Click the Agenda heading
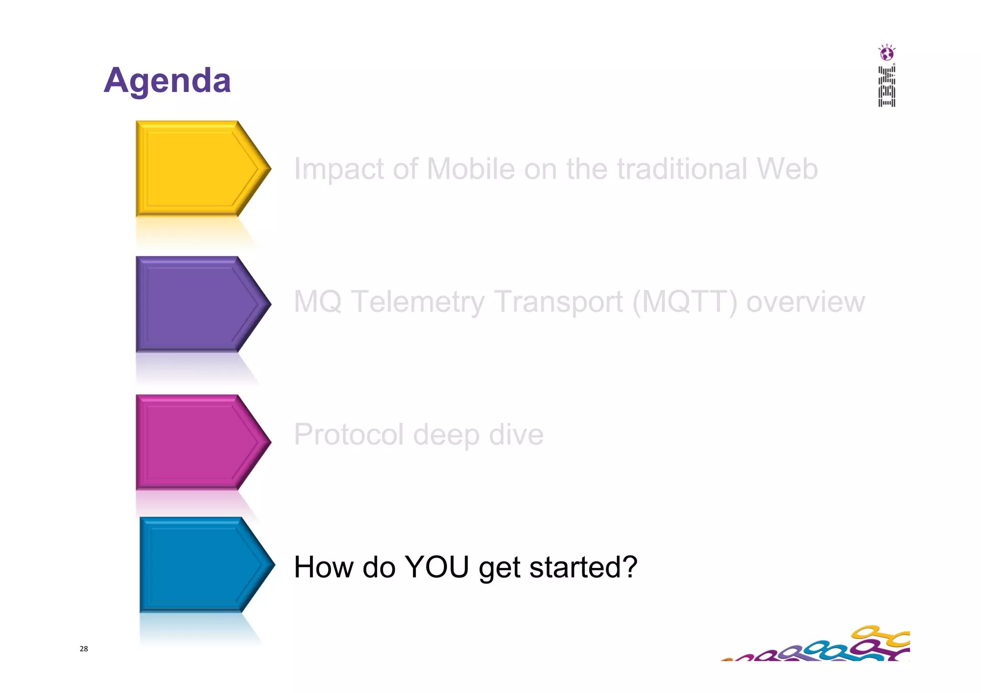coord(167,80)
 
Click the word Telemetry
coord(418,302)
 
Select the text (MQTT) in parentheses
coord(685,302)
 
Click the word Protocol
coord(348,434)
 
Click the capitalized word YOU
coord(436,567)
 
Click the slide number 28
coord(84,649)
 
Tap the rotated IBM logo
coord(887,87)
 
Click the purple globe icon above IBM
coord(887,53)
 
